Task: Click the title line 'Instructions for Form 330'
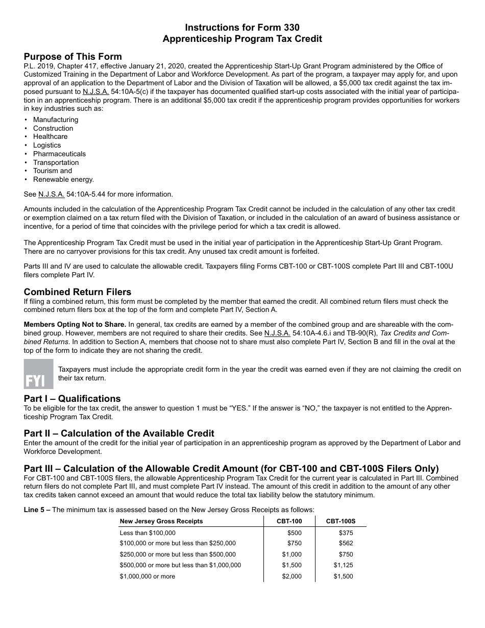coord(242,27)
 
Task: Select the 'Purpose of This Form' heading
coord(72,57)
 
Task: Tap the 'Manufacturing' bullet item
coord(56,119)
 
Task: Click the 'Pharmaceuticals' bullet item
coord(59,154)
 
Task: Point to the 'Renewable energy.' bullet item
coord(63,179)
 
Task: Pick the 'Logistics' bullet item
coord(47,145)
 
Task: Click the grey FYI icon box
coord(38,374)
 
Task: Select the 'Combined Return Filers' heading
coord(78,292)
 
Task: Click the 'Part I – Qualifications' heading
coord(72,399)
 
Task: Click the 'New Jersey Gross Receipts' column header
coord(161,521)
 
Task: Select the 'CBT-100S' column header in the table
coord(341,521)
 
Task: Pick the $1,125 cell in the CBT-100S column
coord(343,565)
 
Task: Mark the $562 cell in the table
coord(346,543)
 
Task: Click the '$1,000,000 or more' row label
coord(147,576)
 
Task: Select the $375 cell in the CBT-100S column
coord(346,533)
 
